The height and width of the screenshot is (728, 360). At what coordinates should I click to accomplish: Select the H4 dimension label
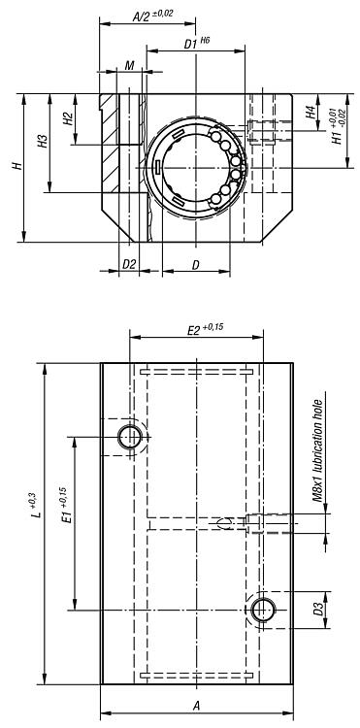(x=310, y=113)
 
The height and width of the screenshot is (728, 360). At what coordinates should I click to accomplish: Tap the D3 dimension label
(x=317, y=610)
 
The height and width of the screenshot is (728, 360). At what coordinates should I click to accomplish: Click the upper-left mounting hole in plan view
(x=130, y=437)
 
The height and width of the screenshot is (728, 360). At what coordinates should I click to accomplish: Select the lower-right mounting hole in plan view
(x=262, y=610)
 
